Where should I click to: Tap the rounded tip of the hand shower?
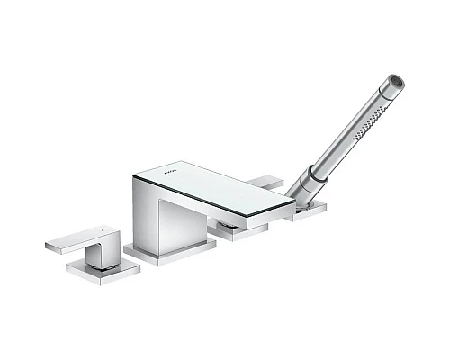pyautogui.click(x=396, y=82)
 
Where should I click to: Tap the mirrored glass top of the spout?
pyautogui.click(x=216, y=189)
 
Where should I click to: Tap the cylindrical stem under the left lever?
pyautogui.click(x=107, y=255)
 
